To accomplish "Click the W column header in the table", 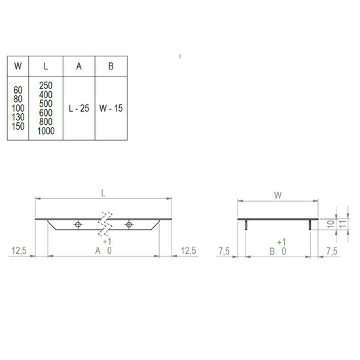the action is pyautogui.click(x=18, y=66).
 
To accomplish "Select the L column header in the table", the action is pyautogui.click(x=46, y=66).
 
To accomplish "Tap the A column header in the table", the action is pyautogui.click(x=79, y=66).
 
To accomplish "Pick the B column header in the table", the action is pyautogui.click(x=111, y=66).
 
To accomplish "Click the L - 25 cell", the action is pyautogui.click(x=79, y=109).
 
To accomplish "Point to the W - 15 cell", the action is pyautogui.click(x=111, y=109).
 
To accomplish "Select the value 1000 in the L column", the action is pyautogui.click(x=46, y=131).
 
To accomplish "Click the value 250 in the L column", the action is pyautogui.click(x=46, y=86).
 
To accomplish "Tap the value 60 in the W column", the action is pyautogui.click(x=18, y=90).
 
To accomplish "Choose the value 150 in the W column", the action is pyautogui.click(x=18, y=126).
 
